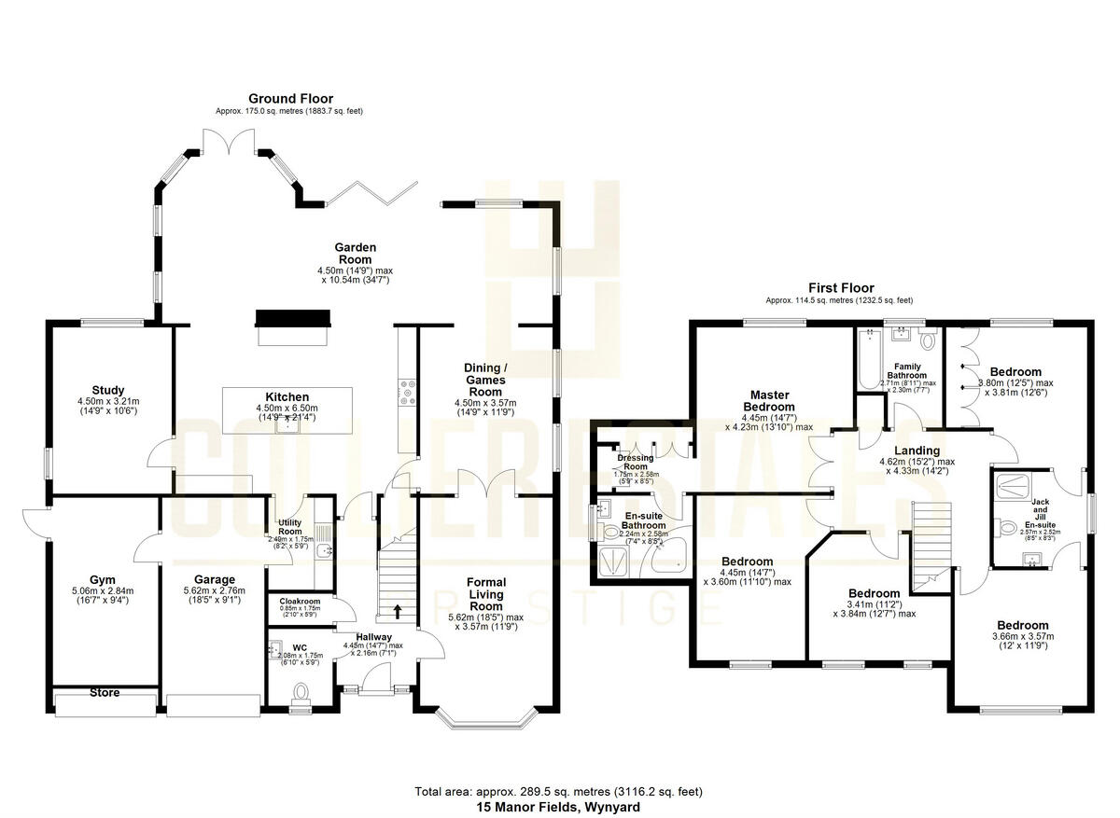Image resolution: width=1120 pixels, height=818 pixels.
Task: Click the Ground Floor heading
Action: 290,98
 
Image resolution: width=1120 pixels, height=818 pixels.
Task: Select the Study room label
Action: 108,390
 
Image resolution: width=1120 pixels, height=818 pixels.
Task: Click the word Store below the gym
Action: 105,693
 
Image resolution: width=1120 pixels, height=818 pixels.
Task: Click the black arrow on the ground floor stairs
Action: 399,612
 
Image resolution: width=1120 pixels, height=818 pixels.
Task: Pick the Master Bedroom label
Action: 769,400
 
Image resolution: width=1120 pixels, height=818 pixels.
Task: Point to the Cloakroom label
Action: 299,602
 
